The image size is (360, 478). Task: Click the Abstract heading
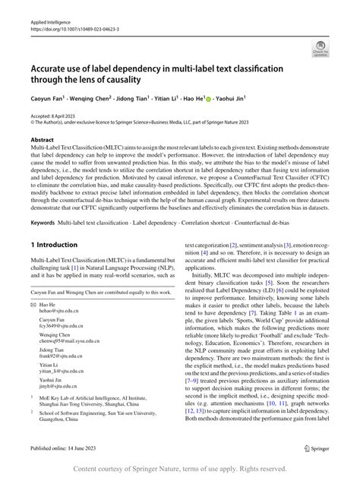tap(43, 140)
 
